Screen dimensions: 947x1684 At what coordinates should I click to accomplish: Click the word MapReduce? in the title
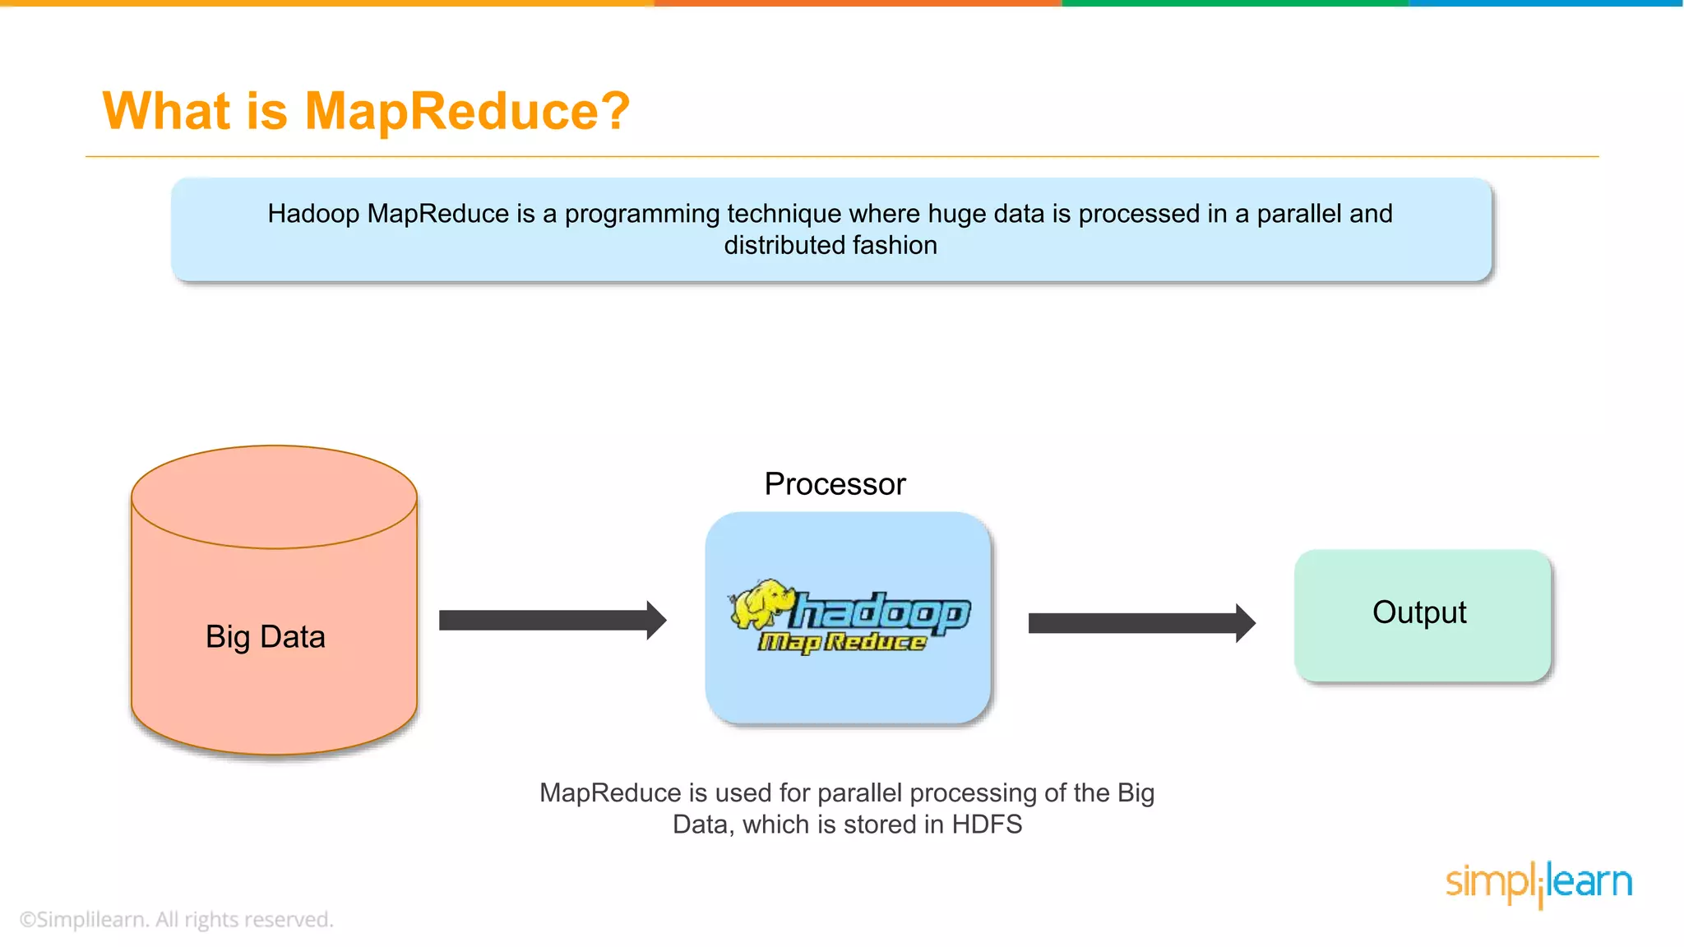click(467, 111)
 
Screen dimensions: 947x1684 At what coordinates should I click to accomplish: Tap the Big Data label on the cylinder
click(265, 637)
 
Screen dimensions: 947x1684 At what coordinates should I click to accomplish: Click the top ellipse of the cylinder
click(274, 497)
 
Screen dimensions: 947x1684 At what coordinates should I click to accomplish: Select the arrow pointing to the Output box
click(1141, 623)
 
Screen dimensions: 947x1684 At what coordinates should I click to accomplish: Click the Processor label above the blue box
click(835, 484)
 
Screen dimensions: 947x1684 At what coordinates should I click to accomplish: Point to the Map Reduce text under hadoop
click(842, 642)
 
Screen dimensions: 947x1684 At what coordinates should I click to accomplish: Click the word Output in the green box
click(1419, 612)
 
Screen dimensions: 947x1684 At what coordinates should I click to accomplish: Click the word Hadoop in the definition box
click(313, 214)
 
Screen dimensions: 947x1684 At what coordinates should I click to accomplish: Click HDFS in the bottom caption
click(987, 825)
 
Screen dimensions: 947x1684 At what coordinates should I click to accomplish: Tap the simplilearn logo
click(1538, 884)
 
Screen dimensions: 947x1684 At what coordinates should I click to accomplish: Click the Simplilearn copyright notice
click(176, 919)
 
